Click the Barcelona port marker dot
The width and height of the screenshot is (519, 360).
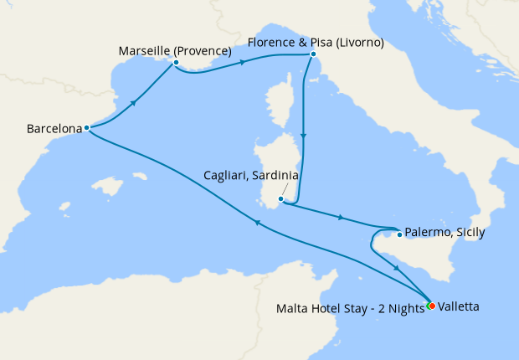[x=87, y=128]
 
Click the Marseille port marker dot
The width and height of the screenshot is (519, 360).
[x=176, y=63]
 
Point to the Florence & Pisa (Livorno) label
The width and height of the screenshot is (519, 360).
[x=316, y=42]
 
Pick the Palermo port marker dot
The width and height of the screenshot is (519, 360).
[x=399, y=234]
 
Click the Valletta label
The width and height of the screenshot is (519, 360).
[x=458, y=307]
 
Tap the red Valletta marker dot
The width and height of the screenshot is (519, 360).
[x=432, y=306]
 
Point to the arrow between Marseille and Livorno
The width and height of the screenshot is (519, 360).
[x=243, y=61]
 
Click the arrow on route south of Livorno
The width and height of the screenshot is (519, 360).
[x=305, y=138]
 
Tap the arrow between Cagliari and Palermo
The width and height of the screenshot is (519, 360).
[x=339, y=218]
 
